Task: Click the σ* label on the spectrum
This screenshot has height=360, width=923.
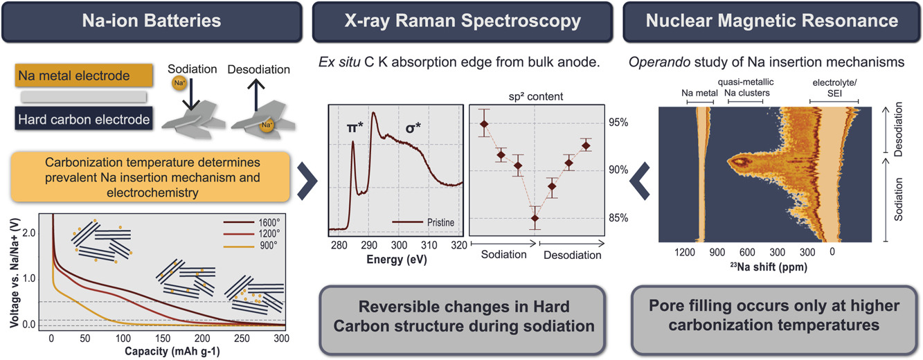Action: pos(412,127)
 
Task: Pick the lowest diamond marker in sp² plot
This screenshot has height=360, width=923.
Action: pos(535,218)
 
